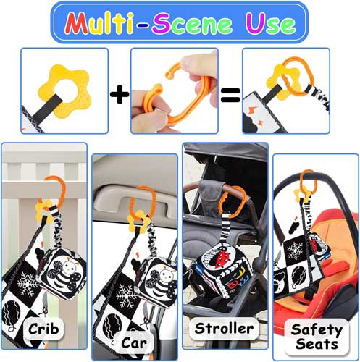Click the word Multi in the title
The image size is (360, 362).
coord(99,23)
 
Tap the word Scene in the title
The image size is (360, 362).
coord(192,24)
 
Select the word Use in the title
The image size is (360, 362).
coord(270,24)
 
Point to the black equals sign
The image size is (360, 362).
coord(230,95)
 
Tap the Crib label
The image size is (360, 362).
coord(43,329)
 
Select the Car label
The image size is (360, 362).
coord(134,343)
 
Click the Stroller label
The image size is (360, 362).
coord(224,329)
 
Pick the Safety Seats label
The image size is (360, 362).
coord(317,337)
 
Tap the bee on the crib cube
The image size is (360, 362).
coord(64,273)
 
